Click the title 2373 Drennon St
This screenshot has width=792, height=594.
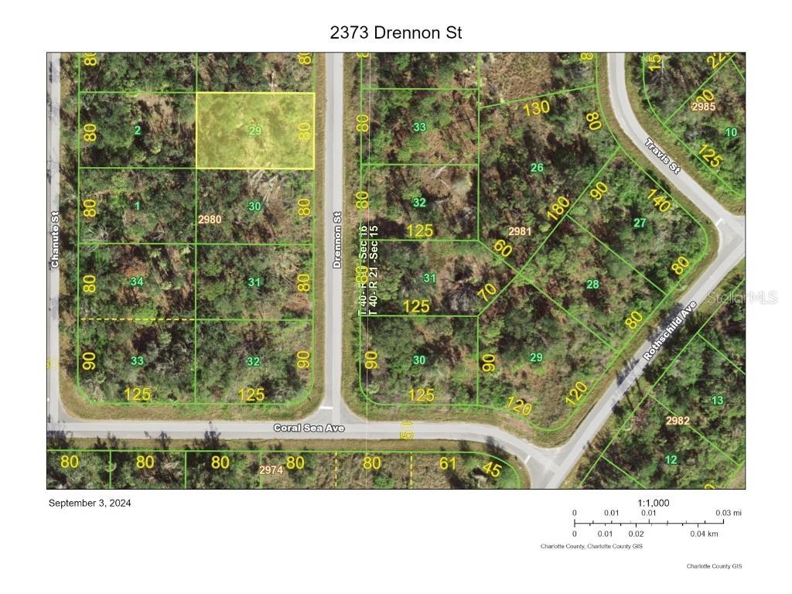[x=395, y=32]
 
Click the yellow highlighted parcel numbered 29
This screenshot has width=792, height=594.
[x=255, y=131]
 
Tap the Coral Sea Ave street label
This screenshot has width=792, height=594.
[x=309, y=428]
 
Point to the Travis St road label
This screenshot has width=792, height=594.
[x=663, y=156]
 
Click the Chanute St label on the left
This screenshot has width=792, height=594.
[x=55, y=240]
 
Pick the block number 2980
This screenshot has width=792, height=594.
[x=210, y=220]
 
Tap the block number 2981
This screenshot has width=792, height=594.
[x=520, y=231]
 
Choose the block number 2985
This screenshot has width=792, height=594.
[x=703, y=107]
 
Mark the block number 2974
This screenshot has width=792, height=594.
[x=271, y=469]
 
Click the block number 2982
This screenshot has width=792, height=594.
[x=677, y=420]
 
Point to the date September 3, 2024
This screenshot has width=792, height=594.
[x=90, y=503]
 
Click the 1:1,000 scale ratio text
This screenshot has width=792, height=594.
[x=654, y=503]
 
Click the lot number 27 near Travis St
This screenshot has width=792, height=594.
[x=640, y=223]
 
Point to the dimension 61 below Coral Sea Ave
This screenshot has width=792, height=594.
[x=447, y=463]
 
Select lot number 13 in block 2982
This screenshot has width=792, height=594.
[x=717, y=400]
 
